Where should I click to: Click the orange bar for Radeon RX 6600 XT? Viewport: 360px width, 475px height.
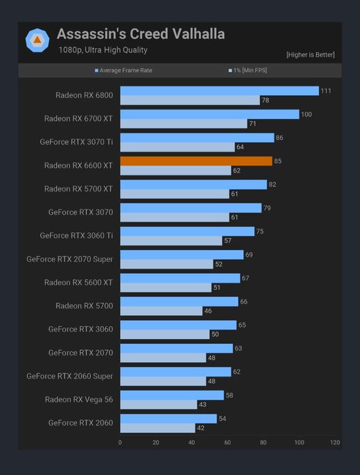point(196,161)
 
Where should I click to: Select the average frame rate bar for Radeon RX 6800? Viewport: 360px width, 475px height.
point(219,91)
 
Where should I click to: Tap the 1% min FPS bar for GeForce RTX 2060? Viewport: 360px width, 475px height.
point(158,428)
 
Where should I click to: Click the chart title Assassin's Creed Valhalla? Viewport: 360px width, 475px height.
point(141,34)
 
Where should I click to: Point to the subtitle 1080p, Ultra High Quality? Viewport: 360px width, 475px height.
point(103,50)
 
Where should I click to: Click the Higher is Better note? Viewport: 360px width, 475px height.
point(310,54)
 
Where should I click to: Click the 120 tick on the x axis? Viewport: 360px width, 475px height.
point(335,442)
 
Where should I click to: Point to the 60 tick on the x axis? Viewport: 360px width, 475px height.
point(228,442)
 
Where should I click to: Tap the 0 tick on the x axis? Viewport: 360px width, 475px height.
point(120,442)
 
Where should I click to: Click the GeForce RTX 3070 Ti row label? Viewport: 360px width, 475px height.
point(76,142)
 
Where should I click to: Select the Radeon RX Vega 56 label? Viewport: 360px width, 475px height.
point(79,400)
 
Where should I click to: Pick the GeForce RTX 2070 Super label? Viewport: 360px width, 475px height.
point(69,259)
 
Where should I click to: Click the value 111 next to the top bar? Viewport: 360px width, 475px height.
point(327,91)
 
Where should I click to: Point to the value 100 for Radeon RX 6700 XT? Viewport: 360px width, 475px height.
point(306,114)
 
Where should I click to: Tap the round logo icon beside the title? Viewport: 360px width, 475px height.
point(37,40)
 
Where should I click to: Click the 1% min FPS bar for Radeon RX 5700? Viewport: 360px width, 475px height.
point(161,311)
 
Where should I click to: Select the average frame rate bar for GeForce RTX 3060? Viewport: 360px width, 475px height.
point(178,325)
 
